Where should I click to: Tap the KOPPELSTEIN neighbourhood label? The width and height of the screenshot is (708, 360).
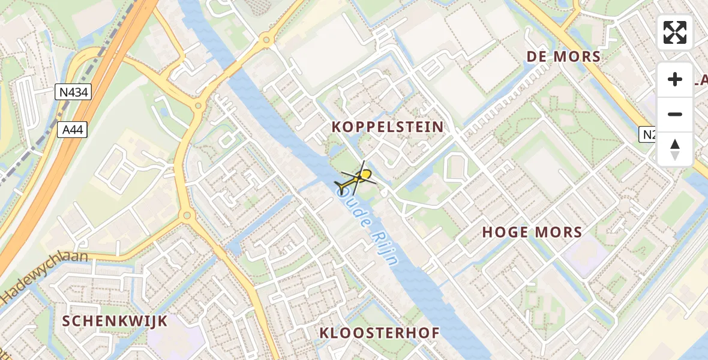[x=388, y=127]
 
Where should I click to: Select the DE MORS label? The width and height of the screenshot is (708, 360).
[x=563, y=57]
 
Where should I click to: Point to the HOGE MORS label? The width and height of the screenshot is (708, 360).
[x=532, y=233]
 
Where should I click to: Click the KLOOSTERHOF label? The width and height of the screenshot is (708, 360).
[x=380, y=333]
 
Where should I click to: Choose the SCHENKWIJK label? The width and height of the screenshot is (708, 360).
[x=115, y=321]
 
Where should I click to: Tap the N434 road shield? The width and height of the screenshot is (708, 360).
[x=73, y=92]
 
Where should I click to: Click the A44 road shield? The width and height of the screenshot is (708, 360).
[x=73, y=130]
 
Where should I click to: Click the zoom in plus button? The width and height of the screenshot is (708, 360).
[x=675, y=79]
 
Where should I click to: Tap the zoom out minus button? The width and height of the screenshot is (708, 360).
[x=675, y=114]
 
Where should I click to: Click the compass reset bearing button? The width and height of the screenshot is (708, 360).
[x=675, y=149]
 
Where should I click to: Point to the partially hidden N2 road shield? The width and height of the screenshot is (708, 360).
[x=648, y=135]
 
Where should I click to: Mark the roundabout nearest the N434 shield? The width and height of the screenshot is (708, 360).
[x=197, y=106]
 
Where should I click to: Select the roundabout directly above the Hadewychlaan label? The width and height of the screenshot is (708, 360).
[x=186, y=215]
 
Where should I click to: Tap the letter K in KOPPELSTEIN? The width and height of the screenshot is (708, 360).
[x=337, y=127]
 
